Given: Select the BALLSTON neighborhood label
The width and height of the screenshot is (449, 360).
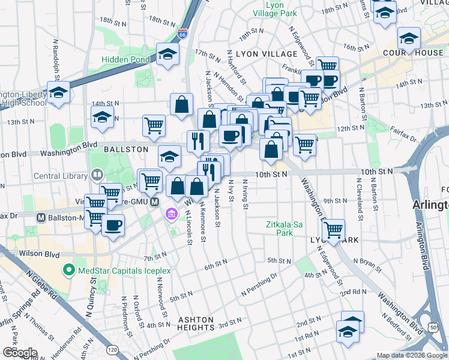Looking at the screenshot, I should pos(125,149).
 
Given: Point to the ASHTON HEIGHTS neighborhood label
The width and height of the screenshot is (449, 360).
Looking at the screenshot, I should pos(196,323).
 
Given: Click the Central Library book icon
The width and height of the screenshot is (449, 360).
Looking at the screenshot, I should pos(97,176).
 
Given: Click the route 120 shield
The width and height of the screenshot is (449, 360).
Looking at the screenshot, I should pos(112,349).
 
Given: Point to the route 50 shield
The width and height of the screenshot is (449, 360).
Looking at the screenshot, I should pos(432,325).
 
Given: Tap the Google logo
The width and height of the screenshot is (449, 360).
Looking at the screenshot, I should pos(19,353).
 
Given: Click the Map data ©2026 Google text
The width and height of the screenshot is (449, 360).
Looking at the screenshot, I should pos(411,355).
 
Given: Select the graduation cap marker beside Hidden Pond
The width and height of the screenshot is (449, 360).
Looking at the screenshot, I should pos(167,55).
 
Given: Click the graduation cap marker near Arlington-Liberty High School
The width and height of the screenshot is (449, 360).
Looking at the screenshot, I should pos(58,92).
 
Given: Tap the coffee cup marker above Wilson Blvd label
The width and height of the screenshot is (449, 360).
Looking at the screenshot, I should pos(112,225).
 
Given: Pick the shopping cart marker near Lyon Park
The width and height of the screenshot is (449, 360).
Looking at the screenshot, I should pos(333,229).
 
